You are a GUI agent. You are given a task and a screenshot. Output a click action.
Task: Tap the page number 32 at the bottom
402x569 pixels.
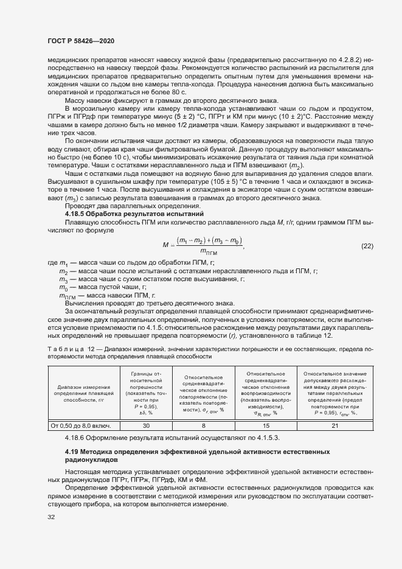[51, 517]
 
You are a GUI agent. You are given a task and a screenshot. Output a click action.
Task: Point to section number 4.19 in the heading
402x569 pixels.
[72, 452]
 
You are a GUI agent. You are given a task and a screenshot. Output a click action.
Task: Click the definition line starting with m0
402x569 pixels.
[103, 286]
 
